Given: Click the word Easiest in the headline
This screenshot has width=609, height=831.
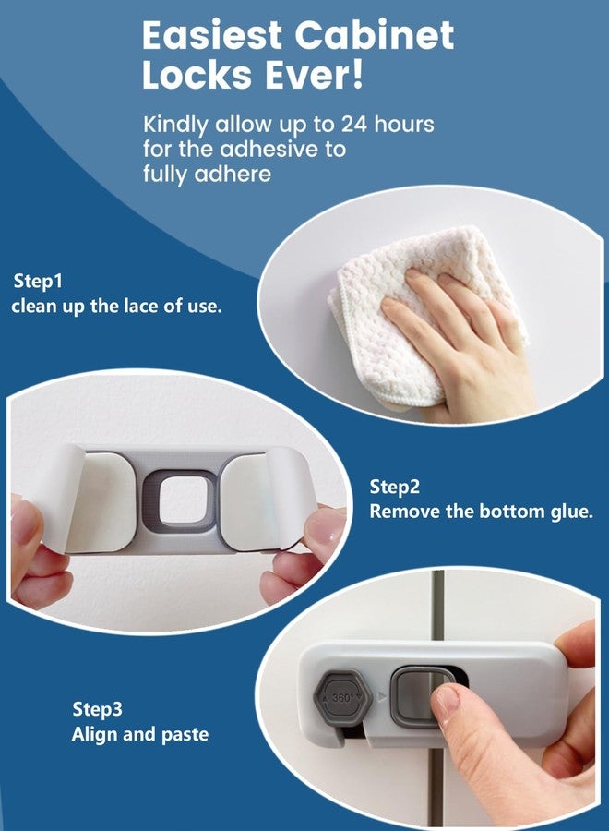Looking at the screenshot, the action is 212,35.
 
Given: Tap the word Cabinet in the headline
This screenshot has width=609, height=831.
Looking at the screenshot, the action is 375,35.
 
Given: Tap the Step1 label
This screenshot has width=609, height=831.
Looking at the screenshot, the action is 38,281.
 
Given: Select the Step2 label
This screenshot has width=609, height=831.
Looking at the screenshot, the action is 395,487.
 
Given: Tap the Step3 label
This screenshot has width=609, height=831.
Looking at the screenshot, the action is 97,708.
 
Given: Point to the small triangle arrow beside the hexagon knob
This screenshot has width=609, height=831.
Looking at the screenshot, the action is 383,697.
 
